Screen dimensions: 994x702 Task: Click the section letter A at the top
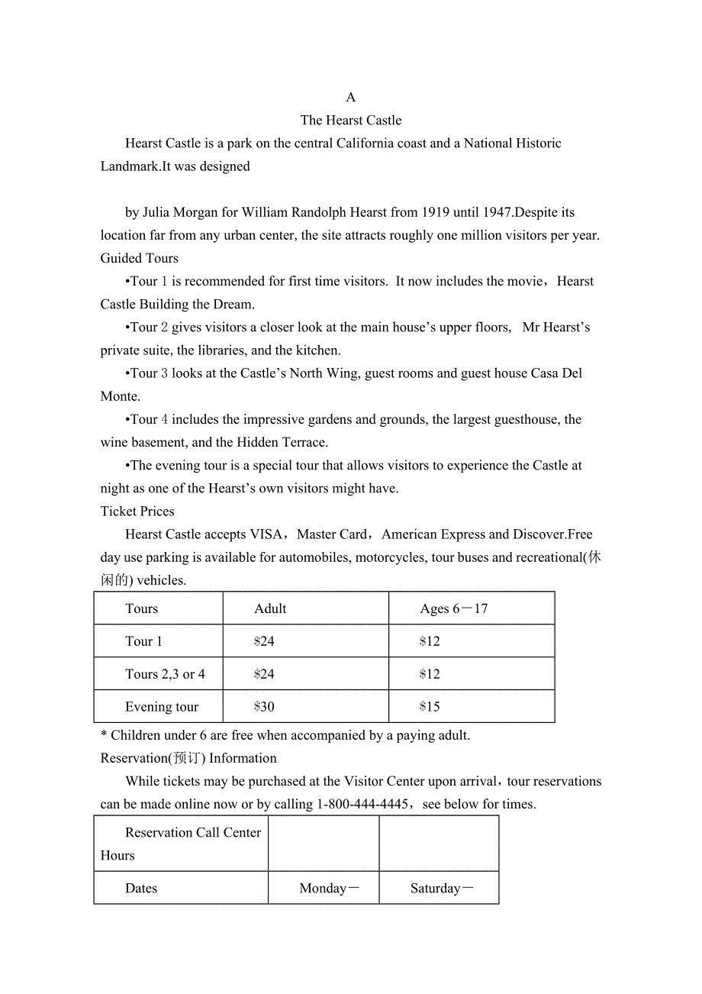(351, 97)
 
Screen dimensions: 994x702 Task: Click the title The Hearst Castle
(351, 120)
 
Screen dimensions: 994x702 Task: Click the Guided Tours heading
(140, 258)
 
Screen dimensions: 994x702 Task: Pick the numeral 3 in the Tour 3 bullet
(164, 373)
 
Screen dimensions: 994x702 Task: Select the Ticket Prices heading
(137, 512)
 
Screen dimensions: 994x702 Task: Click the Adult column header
(270, 608)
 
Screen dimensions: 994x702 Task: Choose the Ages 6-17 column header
(453, 608)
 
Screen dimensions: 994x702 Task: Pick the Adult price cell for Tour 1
(264, 641)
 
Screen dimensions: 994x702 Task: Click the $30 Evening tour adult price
(264, 707)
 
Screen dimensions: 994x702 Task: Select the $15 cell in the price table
(430, 707)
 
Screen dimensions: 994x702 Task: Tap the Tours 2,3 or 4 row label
(165, 674)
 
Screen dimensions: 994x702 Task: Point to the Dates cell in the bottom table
(141, 889)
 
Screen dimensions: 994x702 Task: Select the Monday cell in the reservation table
(329, 889)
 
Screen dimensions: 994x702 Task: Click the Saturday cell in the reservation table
(442, 889)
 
